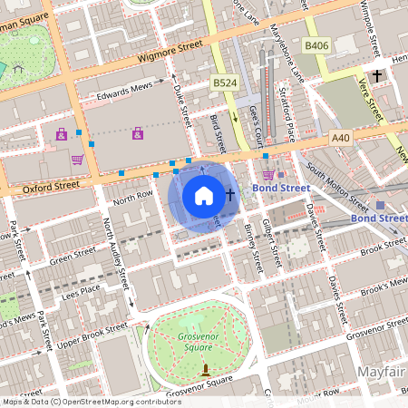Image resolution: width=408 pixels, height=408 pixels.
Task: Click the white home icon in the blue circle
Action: tap(204, 195)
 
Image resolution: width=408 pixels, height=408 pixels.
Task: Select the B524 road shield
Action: tap(226, 83)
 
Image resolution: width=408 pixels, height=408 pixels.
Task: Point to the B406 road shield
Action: tap(316, 44)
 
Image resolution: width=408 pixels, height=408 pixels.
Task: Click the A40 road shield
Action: tap(341, 137)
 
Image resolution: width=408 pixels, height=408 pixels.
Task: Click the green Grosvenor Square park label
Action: tap(198, 338)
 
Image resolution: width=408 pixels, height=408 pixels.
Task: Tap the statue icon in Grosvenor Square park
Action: tap(206, 370)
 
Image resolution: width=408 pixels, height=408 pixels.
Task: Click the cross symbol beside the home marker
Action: tap(230, 195)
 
